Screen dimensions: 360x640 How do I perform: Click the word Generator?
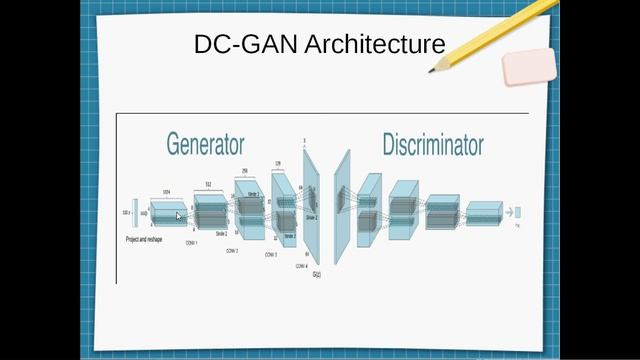pos(205,144)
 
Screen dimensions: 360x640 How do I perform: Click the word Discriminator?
pos(433,144)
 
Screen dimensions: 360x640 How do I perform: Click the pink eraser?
pos(527,66)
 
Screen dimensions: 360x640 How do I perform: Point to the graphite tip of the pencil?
pos(432,71)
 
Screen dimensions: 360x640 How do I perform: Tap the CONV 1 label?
pos(190,243)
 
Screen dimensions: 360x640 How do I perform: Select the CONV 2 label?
pos(233,249)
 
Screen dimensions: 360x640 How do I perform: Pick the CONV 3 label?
pos(271,255)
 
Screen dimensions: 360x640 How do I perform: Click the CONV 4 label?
pos(303,267)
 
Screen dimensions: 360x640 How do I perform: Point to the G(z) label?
pos(317,274)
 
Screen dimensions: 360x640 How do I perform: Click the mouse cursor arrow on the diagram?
pos(179,216)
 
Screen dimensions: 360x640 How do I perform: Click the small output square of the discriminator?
pos(518,212)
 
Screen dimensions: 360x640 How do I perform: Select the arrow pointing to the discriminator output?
pos(508,212)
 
